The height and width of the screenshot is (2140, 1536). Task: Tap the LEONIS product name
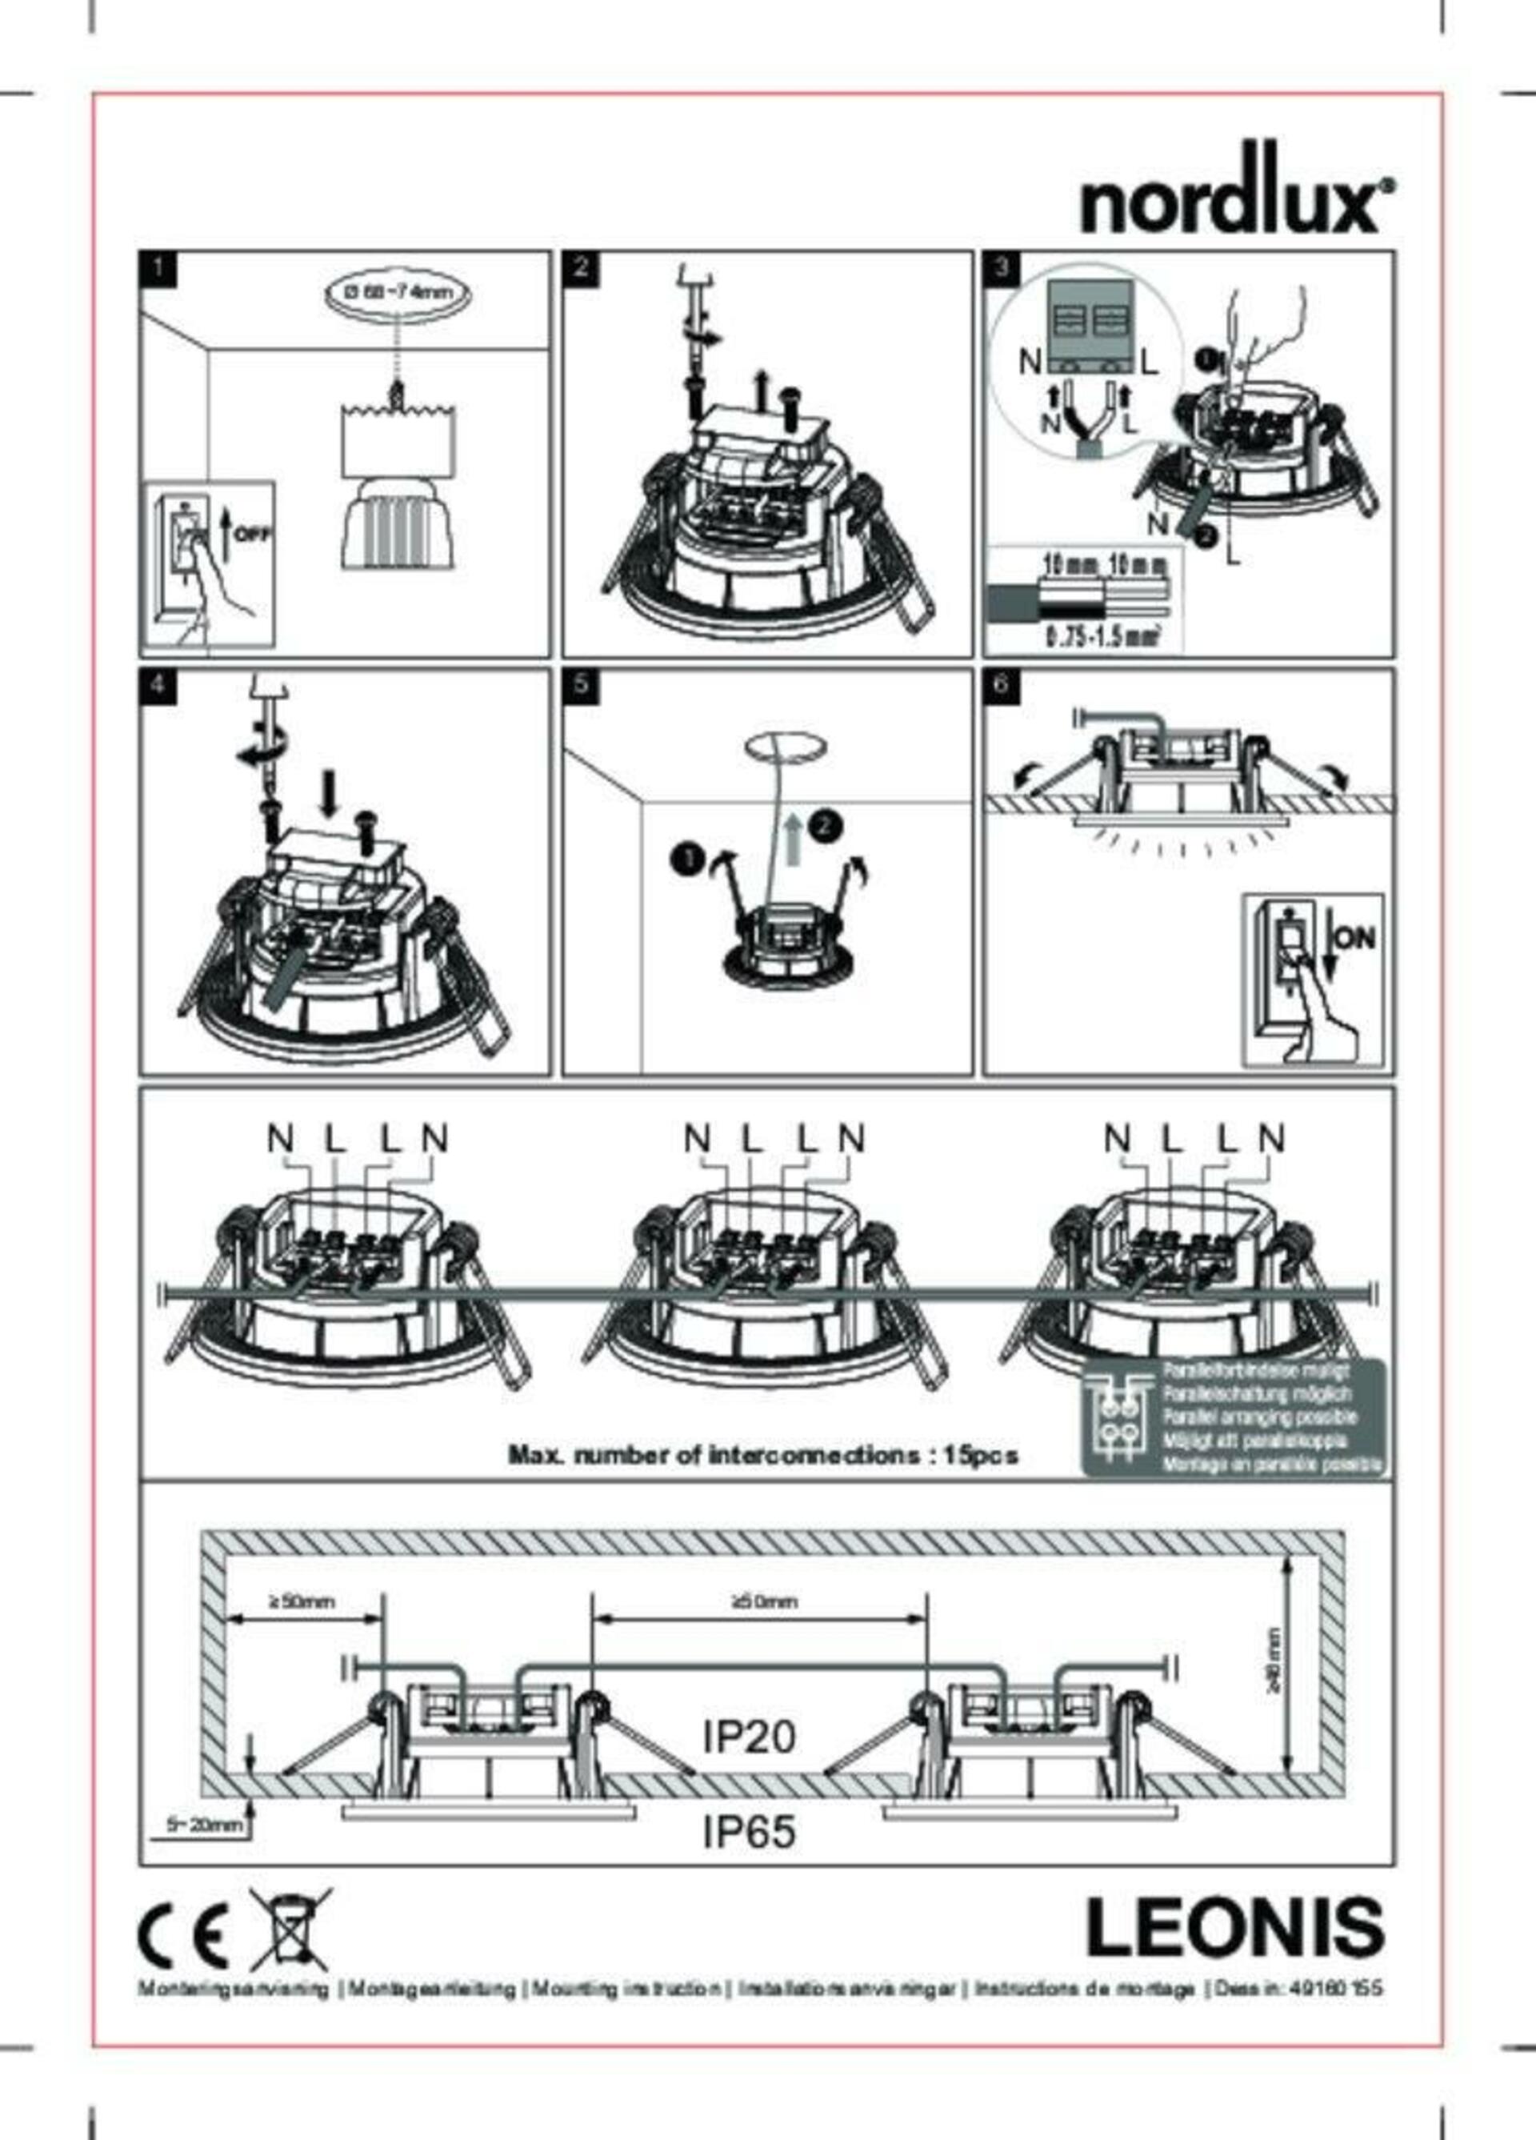[1235, 1930]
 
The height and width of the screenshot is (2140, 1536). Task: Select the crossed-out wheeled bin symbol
[290, 1930]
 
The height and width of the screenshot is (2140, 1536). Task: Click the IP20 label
[749, 1736]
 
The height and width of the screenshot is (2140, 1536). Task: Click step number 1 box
[157, 267]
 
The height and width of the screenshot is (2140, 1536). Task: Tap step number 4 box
[157, 684]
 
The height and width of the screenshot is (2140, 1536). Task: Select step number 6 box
[1000, 684]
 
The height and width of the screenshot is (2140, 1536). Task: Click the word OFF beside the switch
[252, 534]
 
